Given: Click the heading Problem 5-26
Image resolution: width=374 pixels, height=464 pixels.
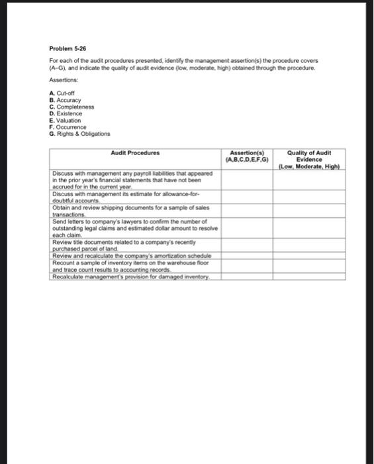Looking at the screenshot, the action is click(68, 48).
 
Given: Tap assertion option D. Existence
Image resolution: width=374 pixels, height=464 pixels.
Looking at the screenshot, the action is click(66, 112).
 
